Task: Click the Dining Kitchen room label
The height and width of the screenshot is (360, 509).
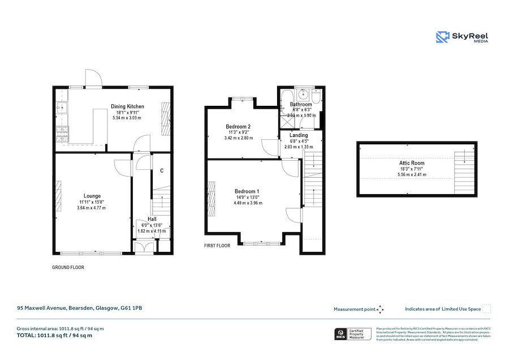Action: pos(127,106)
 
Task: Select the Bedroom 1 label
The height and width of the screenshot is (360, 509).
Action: pos(247,191)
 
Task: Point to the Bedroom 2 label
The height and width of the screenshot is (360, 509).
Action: pos(238,126)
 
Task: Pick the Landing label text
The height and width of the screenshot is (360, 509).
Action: pos(299,135)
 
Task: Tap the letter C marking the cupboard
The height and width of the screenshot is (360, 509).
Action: pos(162,170)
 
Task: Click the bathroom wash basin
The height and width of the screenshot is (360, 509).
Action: pos(301,94)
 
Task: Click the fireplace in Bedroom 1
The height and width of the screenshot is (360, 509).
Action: pos(211,199)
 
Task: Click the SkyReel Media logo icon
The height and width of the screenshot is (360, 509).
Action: pos(443,37)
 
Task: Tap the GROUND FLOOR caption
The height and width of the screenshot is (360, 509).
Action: pos(68,267)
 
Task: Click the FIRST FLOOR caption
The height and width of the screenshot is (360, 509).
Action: pos(217,246)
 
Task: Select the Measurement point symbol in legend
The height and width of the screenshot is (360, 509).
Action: pos(380,309)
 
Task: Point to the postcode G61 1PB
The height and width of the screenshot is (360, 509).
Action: pos(131,308)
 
